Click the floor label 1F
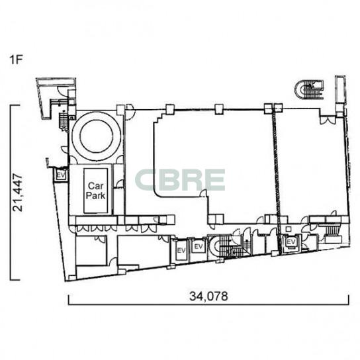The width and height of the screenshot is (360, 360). pos(16,60)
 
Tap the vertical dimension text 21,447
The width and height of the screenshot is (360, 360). pos(18,193)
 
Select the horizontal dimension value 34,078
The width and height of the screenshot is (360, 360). pos(208,296)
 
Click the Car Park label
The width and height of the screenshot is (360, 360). pos(95,191)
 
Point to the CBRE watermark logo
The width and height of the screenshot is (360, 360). pos(180,180)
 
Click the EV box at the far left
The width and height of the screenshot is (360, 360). pos(61,175)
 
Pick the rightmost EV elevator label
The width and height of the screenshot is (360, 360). pos(291,242)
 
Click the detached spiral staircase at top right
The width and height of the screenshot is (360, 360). pos(309,90)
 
